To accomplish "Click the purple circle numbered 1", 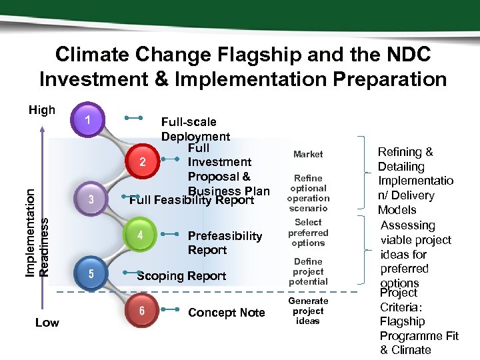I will [88, 121].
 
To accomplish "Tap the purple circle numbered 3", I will [90, 199].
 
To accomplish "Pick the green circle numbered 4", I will [139, 235].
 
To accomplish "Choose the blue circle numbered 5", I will [90, 273].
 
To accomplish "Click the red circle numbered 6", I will [142, 311].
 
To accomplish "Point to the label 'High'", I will [42, 110].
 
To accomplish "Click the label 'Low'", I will [47, 323].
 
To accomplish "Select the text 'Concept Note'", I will [226, 313].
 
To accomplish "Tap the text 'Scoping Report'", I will [181, 276].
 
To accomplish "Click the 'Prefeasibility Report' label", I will [225, 243].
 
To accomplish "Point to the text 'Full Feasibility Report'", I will [192, 201].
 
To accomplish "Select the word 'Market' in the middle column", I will [308, 154].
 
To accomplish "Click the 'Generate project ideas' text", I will [308, 311].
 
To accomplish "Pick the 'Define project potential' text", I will [308, 271].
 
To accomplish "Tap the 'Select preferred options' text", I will [308, 233].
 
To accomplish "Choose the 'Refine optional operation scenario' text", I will [308, 193].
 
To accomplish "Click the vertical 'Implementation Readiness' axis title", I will [36, 221].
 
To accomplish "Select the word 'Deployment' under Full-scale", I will [195, 136].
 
